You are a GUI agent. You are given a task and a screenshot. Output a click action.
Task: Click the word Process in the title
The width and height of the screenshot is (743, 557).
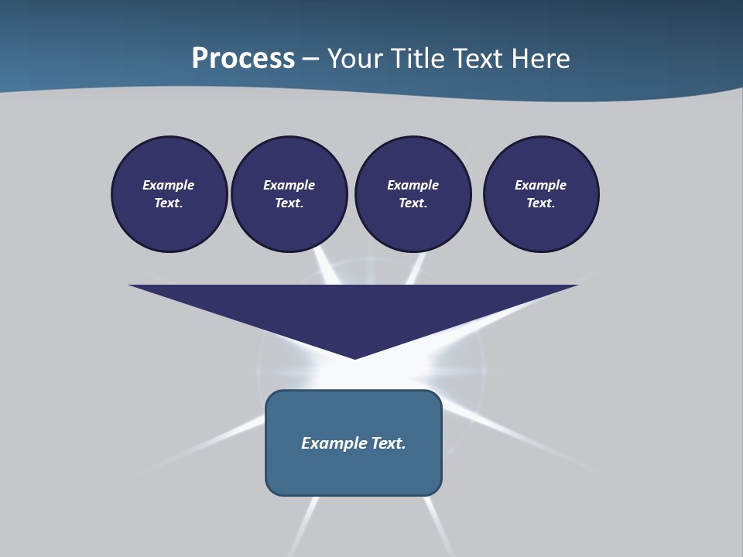pyautogui.click(x=243, y=59)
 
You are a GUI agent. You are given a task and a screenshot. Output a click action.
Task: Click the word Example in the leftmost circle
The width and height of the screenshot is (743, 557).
pyautogui.click(x=168, y=185)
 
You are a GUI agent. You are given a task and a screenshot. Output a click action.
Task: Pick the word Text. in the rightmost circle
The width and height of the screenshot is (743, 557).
pyautogui.click(x=540, y=203)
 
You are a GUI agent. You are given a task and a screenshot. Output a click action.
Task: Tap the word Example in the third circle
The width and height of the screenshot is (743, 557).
pyautogui.click(x=413, y=185)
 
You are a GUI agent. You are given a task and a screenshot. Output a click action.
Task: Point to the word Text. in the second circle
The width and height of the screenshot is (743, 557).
pyautogui.click(x=289, y=203)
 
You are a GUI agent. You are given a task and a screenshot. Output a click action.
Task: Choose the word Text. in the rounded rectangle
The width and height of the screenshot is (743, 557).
pyautogui.click(x=389, y=443)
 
